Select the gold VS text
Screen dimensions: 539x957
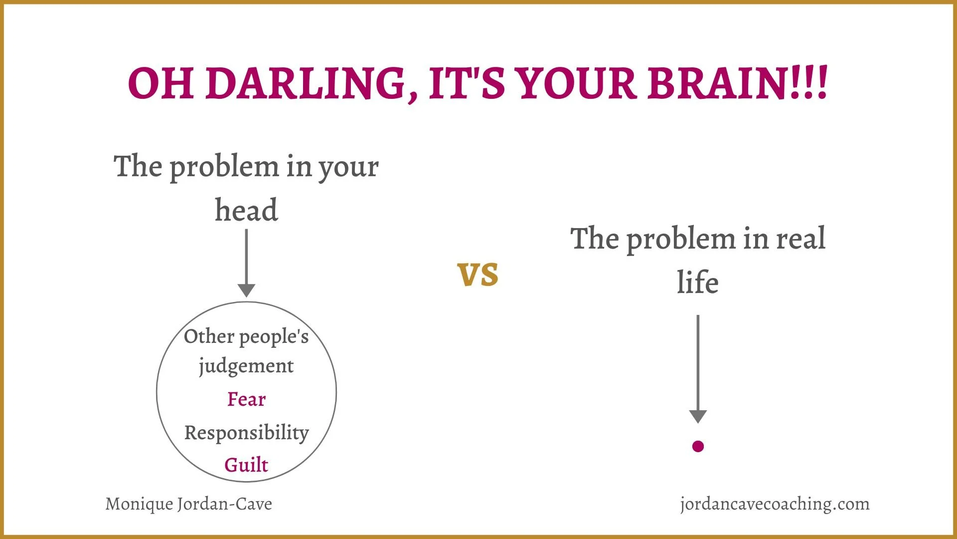[478, 274]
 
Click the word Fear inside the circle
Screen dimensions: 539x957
[246, 399]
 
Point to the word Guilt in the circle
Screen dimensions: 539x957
[246, 465]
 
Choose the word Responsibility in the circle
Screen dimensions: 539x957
[246, 433]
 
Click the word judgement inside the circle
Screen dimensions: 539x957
[246, 366]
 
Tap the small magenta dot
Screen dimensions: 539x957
[698, 446]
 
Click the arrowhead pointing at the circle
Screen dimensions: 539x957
[246, 290]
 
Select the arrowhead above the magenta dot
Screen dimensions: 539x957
[698, 416]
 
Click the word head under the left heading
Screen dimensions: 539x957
[246, 210]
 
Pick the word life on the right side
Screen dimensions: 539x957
[698, 282]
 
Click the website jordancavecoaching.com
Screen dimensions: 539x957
[775, 504]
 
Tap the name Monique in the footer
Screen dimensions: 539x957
[139, 504]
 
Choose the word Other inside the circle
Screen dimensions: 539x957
[209, 336]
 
